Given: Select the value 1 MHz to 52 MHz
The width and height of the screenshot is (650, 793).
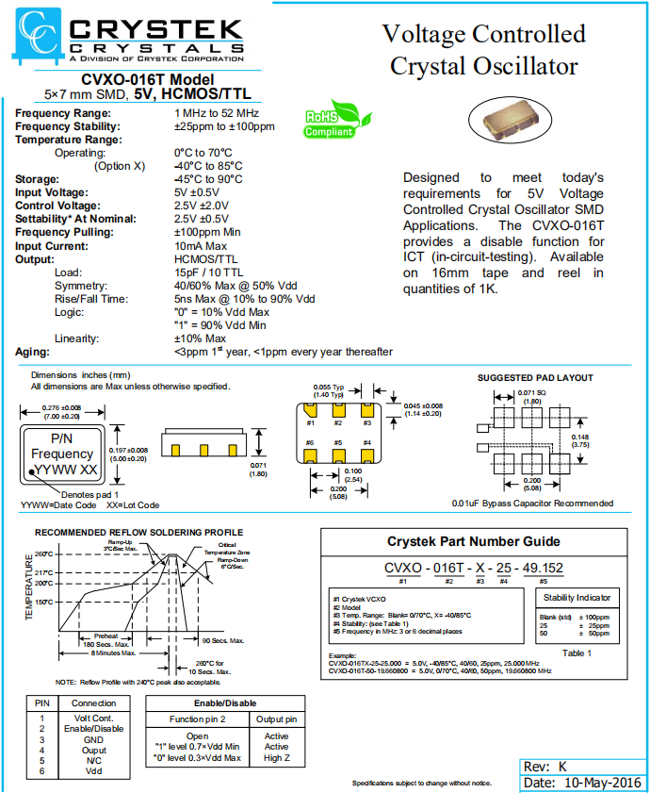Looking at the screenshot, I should pos(218,113).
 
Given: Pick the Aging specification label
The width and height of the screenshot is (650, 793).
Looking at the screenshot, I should pos(33,352).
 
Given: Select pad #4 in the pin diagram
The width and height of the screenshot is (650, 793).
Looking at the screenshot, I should pos(367,454).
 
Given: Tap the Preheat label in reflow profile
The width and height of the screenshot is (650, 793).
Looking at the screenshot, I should pos(106,636).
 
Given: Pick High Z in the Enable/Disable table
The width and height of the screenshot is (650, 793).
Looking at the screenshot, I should pos(276,758).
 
